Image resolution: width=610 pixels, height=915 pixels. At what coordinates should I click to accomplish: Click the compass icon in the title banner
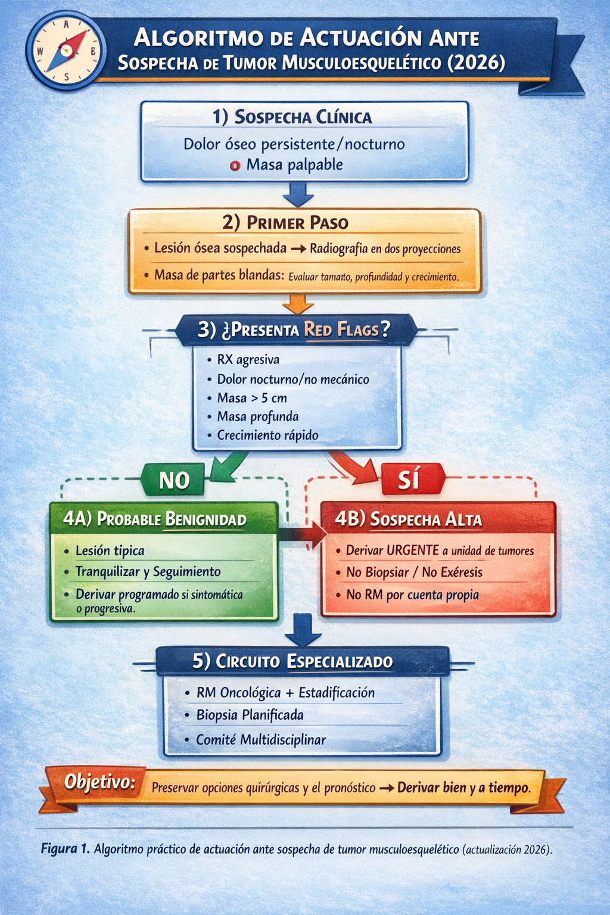pyautogui.click(x=66, y=51)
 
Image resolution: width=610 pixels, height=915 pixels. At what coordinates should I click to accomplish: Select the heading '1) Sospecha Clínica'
pyautogui.click(x=292, y=117)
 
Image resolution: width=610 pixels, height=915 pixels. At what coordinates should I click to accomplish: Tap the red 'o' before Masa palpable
pyautogui.click(x=235, y=166)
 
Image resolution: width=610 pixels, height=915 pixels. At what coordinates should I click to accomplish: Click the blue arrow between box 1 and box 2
pyautogui.click(x=297, y=194)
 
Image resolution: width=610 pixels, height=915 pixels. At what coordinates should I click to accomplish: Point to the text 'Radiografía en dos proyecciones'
pyautogui.click(x=385, y=249)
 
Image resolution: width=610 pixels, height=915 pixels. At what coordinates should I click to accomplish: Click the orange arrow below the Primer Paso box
pyautogui.click(x=297, y=303)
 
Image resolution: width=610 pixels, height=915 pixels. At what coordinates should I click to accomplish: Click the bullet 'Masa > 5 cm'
pyautogui.click(x=251, y=398)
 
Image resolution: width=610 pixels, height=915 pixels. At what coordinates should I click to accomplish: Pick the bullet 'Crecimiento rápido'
pyautogui.click(x=267, y=435)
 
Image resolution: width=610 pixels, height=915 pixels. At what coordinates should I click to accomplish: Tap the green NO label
pyautogui.click(x=174, y=480)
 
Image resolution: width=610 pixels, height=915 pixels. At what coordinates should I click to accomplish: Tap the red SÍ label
pyautogui.click(x=410, y=480)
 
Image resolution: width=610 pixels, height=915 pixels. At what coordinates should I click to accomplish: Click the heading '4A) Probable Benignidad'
pyautogui.click(x=155, y=519)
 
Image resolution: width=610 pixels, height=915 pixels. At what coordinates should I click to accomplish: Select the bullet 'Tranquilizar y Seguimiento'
pyautogui.click(x=148, y=572)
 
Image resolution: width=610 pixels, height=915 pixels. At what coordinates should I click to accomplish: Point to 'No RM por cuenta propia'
pyautogui.click(x=412, y=595)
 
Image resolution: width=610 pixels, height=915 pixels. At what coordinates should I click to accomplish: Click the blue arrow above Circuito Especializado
pyautogui.click(x=303, y=630)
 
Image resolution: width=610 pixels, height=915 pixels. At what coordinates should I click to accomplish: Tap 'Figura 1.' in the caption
pyautogui.click(x=65, y=849)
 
